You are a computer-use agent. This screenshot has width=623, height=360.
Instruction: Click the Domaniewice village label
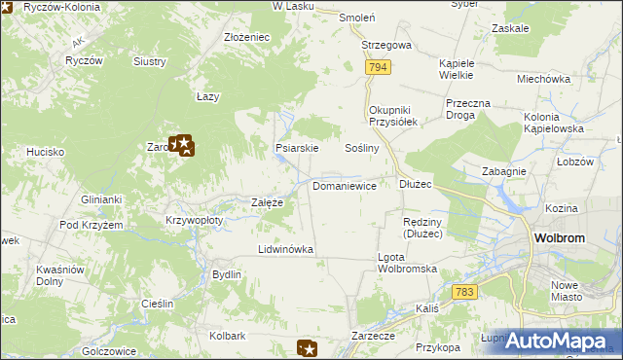[x=344, y=185]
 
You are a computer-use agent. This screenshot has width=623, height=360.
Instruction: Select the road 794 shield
[x=380, y=67]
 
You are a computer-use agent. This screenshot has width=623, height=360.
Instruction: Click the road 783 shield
[x=464, y=292]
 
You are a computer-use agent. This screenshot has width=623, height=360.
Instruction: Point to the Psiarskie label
[x=297, y=149]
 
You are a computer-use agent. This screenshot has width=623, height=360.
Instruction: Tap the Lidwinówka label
[x=285, y=249]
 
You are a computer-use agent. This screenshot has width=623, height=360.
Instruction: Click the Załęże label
[x=267, y=202]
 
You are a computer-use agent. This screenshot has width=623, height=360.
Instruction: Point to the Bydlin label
[x=227, y=274]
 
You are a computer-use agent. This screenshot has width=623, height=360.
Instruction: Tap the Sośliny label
[x=362, y=148]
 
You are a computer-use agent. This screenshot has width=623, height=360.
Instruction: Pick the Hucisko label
[x=45, y=152]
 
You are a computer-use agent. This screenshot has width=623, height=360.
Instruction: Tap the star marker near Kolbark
[x=307, y=348]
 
